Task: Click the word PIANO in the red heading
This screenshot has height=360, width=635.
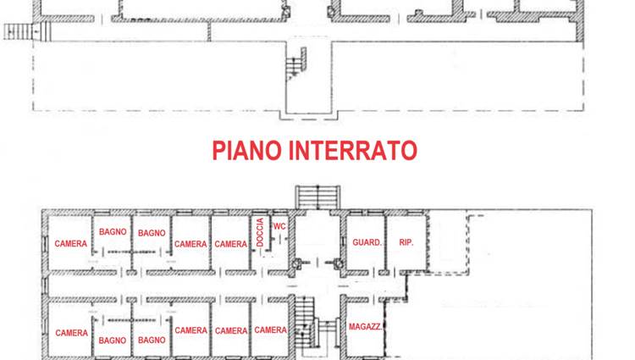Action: [x=247, y=150]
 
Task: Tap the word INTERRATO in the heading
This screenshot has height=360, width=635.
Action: [x=353, y=150]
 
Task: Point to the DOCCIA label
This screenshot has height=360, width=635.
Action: [x=260, y=232]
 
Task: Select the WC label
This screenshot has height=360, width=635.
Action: [x=279, y=226]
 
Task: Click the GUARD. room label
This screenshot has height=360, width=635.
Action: [x=367, y=242]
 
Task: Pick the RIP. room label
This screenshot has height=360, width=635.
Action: [x=406, y=242]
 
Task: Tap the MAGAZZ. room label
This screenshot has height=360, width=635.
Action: [x=365, y=326]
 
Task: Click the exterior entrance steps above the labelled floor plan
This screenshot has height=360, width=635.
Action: [x=317, y=197]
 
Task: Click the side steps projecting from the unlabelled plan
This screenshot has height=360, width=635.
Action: [x=18, y=31]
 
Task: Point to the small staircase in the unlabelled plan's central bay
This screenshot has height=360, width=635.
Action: [x=296, y=64]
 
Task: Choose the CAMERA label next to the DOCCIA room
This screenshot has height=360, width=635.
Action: [x=231, y=244]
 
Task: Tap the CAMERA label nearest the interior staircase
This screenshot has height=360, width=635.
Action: [x=271, y=330]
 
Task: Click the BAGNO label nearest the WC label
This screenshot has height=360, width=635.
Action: [x=152, y=233]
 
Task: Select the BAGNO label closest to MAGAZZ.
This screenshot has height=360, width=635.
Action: [x=152, y=341]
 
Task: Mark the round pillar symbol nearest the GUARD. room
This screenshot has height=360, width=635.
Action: [x=339, y=263]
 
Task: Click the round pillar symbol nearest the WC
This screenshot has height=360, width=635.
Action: [x=297, y=263]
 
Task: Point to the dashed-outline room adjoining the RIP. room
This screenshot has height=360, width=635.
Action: [x=449, y=242]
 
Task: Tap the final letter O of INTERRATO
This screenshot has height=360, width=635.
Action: [x=410, y=150]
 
